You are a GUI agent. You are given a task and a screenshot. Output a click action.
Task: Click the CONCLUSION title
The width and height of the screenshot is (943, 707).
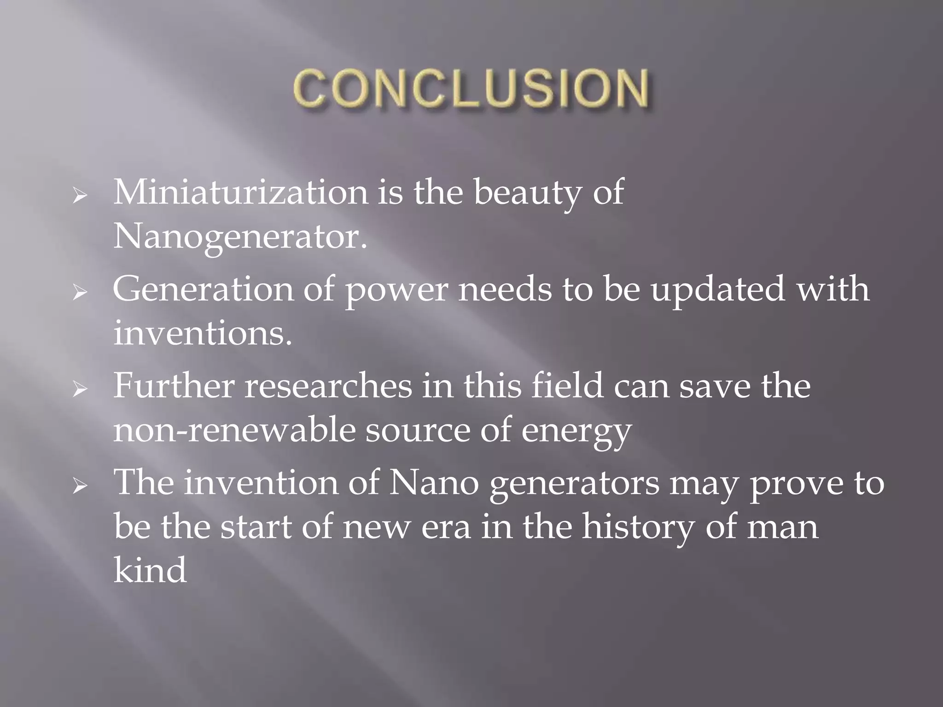471,89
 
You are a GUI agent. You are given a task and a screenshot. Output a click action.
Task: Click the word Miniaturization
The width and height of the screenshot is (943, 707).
240,193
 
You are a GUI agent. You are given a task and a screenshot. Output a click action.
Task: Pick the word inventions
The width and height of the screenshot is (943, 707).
203,334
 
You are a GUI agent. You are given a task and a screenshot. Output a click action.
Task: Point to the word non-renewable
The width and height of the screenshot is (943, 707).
234,430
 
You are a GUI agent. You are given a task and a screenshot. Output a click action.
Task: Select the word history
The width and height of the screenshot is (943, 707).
638,527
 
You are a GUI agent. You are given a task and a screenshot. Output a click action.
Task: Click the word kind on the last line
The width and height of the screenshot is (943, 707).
150,571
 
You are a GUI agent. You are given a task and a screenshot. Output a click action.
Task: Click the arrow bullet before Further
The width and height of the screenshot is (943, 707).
80,390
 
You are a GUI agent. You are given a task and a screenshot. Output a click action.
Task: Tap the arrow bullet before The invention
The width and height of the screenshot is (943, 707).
80,487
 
